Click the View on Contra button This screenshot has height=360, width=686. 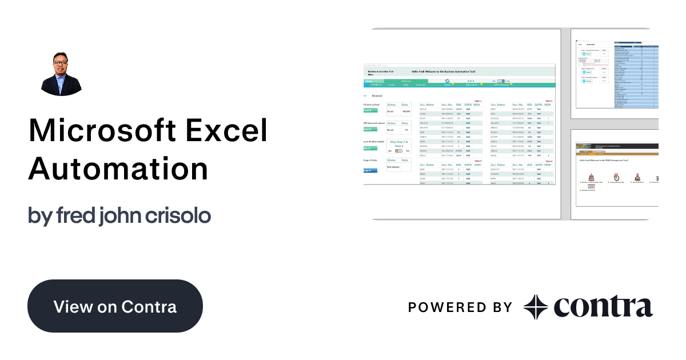pyautogui.click(x=115, y=306)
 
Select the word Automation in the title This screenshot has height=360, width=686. pyautogui.click(x=118, y=169)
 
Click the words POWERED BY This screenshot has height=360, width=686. pyautogui.click(x=460, y=307)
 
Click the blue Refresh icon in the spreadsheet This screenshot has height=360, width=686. pyautogui.click(x=447, y=81)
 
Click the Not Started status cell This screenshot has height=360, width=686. pyautogui.click(x=393, y=167)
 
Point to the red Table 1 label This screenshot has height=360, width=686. pyautogui.click(x=478, y=101)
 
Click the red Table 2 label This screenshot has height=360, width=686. pyautogui.click(x=549, y=101)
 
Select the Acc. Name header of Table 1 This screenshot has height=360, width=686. pyautogui.click(x=427, y=105)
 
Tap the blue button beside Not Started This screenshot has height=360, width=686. pyautogui.click(x=371, y=170)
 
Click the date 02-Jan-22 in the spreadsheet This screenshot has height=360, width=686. pyautogui.click(x=378, y=95)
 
